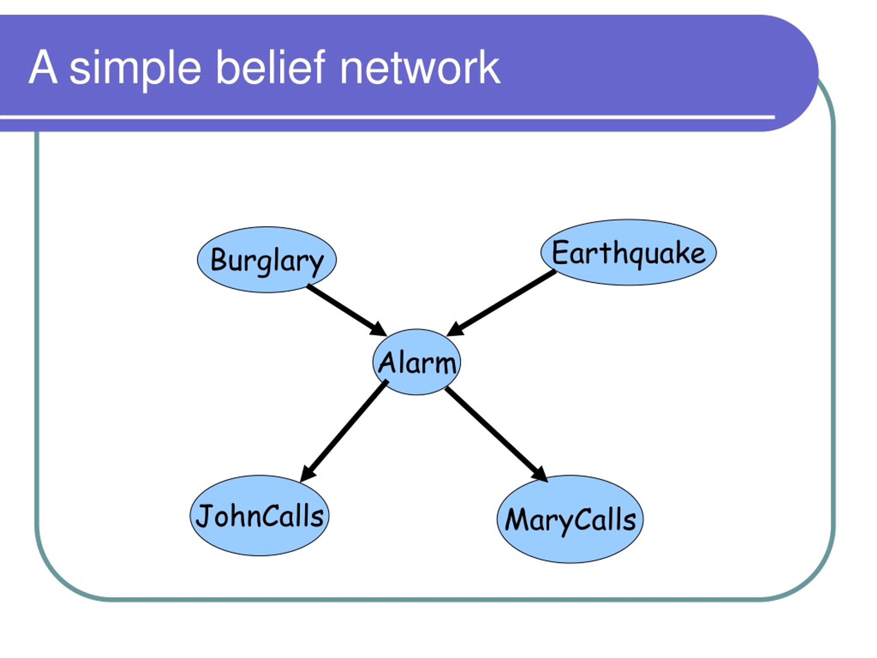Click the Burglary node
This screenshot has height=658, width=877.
pyautogui.click(x=267, y=260)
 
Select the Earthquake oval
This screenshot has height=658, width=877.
pyautogui.click(x=628, y=252)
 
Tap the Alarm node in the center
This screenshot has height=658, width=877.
pyautogui.click(x=417, y=362)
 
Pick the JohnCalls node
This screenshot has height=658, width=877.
pyautogui.click(x=259, y=516)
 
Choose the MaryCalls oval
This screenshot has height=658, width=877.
pyautogui.click(x=570, y=519)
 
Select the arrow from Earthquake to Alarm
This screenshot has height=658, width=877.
pyautogui.click(x=501, y=303)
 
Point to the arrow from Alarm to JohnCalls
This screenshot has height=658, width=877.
pyautogui.click(x=344, y=431)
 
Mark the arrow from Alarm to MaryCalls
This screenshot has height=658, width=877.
pyautogui.click(x=496, y=435)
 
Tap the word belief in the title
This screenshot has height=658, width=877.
pyautogui.click(x=270, y=66)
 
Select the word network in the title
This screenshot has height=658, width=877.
pyautogui.click(x=420, y=68)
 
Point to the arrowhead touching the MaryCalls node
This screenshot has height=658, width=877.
pyautogui.click(x=540, y=474)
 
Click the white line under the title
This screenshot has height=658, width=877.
pyautogui.click(x=387, y=117)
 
